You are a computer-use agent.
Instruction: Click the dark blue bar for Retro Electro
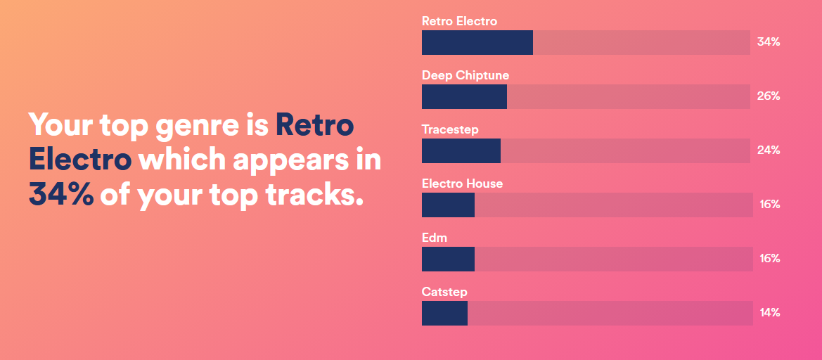pos(477,42)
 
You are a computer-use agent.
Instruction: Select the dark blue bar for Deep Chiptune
pos(465,96)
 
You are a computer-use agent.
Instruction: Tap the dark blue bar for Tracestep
pos(461,151)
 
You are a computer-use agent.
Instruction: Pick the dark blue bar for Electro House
pos(448,205)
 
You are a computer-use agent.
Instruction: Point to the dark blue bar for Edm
pos(448,259)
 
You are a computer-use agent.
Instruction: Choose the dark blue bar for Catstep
pos(444,314)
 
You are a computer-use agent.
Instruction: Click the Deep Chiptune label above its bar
pos(465,75)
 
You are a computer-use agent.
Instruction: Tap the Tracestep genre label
pos(450,129)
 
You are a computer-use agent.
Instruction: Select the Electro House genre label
pos(463,184)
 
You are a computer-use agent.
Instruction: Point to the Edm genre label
pos(435,238)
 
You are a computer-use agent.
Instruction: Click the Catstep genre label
pos(444,292)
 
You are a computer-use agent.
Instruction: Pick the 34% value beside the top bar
pos(769,42)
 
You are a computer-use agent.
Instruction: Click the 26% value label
pos(769,96)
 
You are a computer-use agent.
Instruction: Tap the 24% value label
pos(769,151)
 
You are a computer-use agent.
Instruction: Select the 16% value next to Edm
pos(770,259)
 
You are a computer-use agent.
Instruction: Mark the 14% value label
pos(770,314)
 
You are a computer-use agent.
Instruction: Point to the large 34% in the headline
pos(60,194)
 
